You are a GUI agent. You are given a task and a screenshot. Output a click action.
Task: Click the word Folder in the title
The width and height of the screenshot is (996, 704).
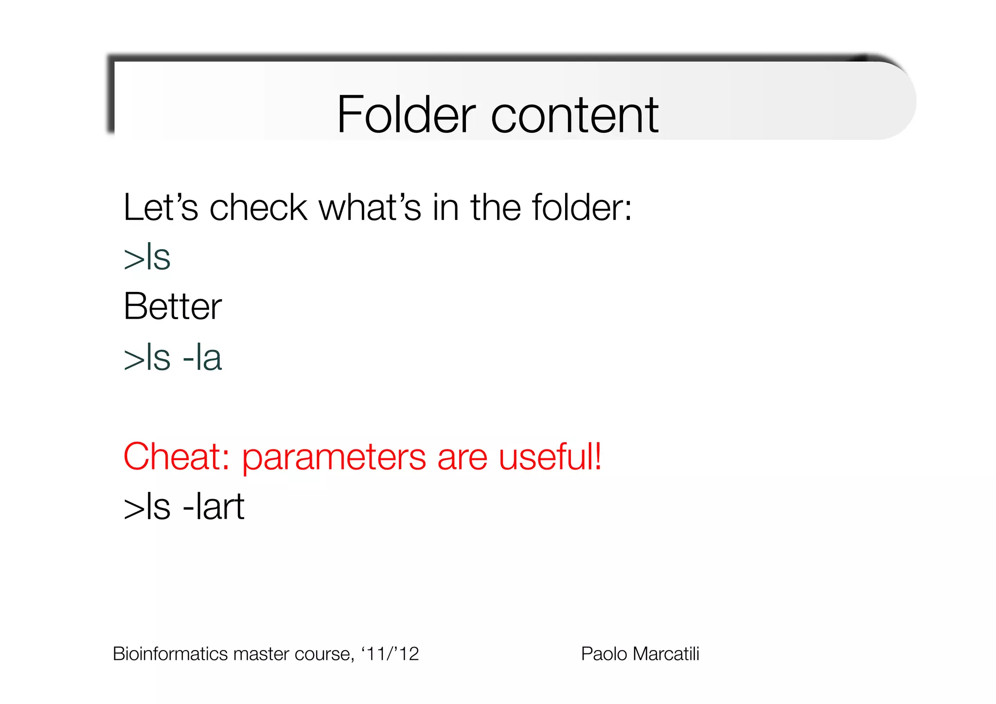point(406,115)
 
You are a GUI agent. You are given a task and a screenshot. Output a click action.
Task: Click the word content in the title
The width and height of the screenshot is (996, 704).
point(575,115)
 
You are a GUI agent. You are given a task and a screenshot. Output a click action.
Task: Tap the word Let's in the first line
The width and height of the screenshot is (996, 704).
point(160,208)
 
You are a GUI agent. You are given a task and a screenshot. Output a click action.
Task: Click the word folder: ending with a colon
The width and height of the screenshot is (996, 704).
point(582,208)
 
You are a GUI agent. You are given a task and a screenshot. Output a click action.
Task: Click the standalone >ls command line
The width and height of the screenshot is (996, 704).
point(147,257)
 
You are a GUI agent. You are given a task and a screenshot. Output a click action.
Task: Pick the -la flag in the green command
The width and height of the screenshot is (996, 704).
point(202,358)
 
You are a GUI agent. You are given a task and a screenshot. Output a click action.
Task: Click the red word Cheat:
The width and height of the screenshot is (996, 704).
point(176,457)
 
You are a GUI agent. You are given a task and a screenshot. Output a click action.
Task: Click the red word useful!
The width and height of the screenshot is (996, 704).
point(550,457)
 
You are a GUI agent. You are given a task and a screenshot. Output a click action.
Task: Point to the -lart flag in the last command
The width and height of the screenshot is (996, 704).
point(213,507)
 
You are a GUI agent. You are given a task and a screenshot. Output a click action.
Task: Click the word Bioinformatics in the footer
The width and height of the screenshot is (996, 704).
point(171,654)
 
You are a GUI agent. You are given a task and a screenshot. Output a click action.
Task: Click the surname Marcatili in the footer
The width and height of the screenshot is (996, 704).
point(667,654)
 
